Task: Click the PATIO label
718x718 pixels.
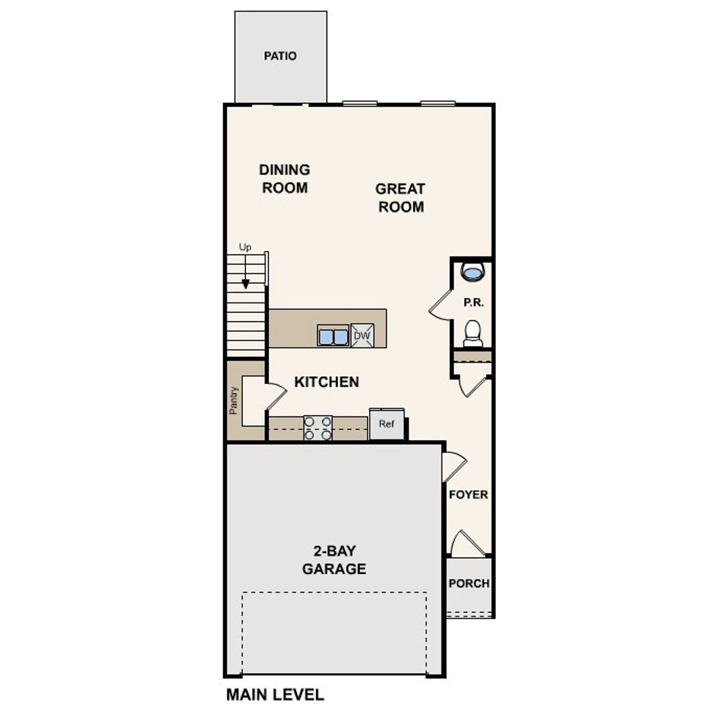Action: click(280, 56)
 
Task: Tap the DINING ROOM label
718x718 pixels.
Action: click(284, 178)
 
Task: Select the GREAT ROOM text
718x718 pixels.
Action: click(400, 197)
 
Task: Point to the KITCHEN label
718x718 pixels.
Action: click(326, 382)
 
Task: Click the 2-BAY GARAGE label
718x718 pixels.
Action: click(334, 560)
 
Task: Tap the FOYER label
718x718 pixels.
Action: click(468, 495)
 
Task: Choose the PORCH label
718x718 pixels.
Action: click(469, 583)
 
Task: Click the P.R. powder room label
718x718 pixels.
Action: click(473, 302)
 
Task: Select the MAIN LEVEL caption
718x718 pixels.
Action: click(275, 694)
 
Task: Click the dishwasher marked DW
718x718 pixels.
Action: click(362, 335)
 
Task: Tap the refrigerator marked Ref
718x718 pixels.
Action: click(386, 424)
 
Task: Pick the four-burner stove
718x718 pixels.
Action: click(317, 427)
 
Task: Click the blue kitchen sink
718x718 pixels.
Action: click(333, 336)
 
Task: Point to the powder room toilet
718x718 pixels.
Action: click(472, 334)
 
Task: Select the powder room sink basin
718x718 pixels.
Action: click(472, 273)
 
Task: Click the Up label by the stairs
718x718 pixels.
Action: click(245, 247)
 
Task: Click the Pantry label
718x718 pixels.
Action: click(234, 401)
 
